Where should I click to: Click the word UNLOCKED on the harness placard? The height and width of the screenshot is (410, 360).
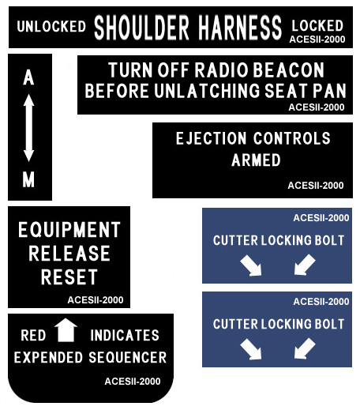pos(51,26)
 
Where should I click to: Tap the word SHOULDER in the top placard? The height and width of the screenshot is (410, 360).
pos(141,28)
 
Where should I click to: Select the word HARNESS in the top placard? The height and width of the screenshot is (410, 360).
pos(240,28)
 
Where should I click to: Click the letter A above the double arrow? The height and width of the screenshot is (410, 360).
pos(28,77)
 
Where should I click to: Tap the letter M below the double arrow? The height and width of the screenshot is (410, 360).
pos(28,179)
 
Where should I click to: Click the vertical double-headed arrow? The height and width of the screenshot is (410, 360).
pos(28,128)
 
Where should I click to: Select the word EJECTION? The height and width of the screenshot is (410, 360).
pos(212,138)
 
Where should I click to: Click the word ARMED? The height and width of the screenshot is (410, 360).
pos(256,160)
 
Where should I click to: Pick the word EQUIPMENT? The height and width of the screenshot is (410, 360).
pos(69,230)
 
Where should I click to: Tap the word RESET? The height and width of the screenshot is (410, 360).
pos(69,277)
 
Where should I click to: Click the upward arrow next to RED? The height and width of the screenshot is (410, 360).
pos(66,330)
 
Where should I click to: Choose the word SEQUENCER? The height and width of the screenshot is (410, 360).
pos(128,358)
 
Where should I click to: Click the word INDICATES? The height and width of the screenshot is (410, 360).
pos(125,335)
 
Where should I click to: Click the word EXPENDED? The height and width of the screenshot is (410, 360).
pos(48,358)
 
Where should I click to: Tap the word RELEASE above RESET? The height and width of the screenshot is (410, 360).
pos(69,254)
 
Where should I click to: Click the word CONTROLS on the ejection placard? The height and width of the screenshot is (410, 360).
pos(292,138)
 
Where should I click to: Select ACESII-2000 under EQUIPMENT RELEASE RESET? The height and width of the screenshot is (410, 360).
pos(96,300)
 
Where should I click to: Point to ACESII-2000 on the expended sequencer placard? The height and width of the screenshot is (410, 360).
pos(133,382)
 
